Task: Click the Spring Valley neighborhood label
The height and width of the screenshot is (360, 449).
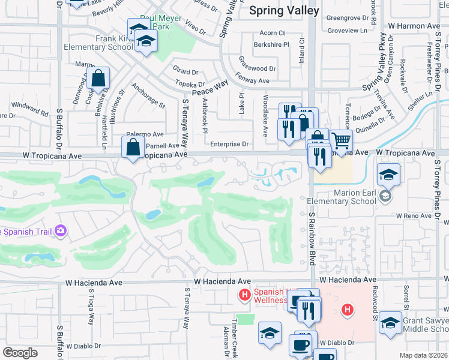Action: (x=277, y=10)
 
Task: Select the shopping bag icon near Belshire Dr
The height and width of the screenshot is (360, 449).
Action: (x=98, y=79)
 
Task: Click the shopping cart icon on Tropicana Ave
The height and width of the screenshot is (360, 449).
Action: (x=341, y=141)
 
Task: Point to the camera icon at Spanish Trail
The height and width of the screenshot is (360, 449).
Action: (x=60, y=230)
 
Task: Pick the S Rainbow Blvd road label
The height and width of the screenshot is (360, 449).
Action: (x=312, y=240)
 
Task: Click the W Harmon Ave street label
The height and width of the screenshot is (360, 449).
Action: (x=414, y=26)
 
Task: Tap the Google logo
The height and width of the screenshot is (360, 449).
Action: (x=20, y=353)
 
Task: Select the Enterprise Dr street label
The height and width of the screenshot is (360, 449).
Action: (x=229, y=144)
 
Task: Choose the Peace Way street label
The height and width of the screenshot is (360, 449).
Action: (x=209, y=86)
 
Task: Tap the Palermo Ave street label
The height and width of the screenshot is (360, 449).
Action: (x=145, y=135)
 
